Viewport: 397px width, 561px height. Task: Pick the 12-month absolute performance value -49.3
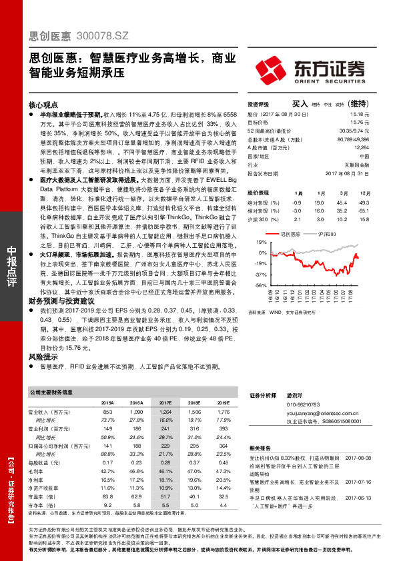click(363, 202)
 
